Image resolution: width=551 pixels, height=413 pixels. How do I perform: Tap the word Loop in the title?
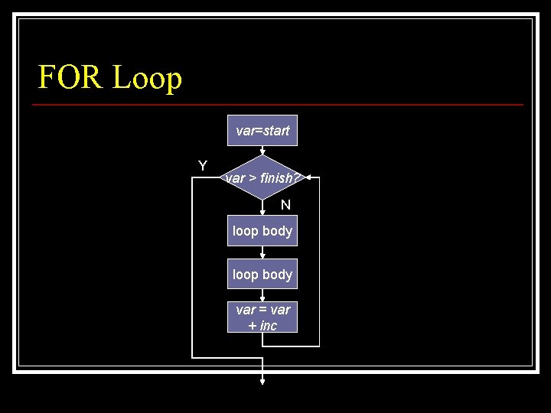click(x=147, y=78)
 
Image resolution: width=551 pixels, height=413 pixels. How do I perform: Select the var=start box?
click(x=262, y=131)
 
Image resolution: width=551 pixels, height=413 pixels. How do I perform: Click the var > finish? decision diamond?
click(x=262, y=178)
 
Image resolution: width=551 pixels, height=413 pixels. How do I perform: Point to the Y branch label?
click(x=203, y=166)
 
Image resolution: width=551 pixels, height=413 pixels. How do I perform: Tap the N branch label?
click(x=285, y=204)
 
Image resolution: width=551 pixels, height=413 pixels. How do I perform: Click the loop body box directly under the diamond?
click(x=262, y=230)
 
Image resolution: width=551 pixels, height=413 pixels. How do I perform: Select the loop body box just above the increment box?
click(x=262, y=274)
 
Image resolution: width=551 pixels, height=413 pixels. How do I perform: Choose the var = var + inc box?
click(x=262, y=317)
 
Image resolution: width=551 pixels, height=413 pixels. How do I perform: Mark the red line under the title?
click(x=280, y=104)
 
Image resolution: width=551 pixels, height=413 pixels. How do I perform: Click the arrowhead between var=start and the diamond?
click(x=262, y=151)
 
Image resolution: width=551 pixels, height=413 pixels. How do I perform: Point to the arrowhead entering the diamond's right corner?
click(x=308, y=177)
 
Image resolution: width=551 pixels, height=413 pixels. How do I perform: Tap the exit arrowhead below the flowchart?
click(x=262, y=381)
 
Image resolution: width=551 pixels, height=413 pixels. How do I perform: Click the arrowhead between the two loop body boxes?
click(x=262, y=255)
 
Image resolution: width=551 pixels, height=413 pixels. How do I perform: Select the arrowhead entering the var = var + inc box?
click(x=262, y=299)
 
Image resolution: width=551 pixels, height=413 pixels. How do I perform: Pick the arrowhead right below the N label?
click(x=262, y=212)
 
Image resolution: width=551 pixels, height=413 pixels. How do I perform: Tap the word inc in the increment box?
click(x=268, y=326)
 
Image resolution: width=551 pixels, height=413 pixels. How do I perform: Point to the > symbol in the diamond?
click(x=252, y=179)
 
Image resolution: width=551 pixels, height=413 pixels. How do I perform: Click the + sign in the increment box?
click(x=253, y=326)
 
